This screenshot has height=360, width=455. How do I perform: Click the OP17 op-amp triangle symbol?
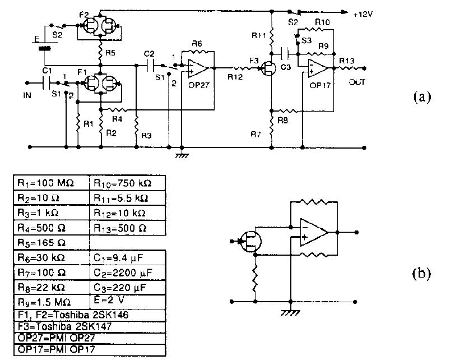(x=319, y=68)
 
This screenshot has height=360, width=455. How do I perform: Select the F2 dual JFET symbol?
(x=99, y=25)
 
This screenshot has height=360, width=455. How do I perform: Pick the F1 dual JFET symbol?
(x=99, y=85)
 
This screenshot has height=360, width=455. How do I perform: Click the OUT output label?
(x=357, y=82)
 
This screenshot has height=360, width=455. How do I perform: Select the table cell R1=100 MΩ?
(x=50, y=183)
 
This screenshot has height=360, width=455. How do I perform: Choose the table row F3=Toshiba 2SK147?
(x=89, y=326)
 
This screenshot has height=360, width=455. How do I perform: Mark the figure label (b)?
(x=422, y=273)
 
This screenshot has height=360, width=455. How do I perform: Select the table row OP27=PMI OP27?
(x=89, y=338)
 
